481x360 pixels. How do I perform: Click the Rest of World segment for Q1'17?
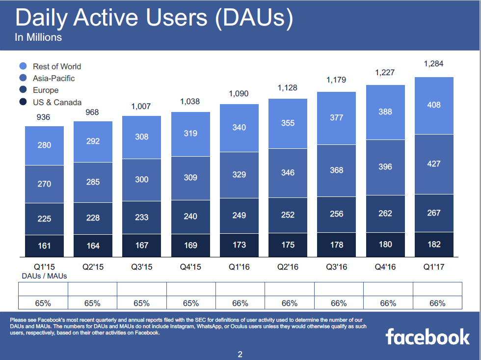[x=434, y=105]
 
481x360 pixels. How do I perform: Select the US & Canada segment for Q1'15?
[x=44, y=246]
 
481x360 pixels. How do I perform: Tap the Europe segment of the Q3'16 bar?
[x=337, y=214]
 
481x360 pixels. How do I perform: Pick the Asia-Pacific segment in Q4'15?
[x=190, y=177]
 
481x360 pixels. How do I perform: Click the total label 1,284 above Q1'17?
[x=434, y=63]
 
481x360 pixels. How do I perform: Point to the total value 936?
[x=44, y=118]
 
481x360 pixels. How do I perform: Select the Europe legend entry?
[x=46, y=90]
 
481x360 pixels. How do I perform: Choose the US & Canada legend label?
[x=57, y=102]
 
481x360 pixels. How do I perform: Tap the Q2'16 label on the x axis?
[x=288, y=267]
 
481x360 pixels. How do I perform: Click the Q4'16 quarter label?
[x=385, y=267]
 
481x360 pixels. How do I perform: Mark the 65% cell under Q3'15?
[x=142, y=303]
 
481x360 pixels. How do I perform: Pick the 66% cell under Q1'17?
[x=437, y=303]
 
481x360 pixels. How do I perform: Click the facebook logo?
[x=428, y=337]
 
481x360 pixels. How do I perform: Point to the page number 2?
[x=240, y=354]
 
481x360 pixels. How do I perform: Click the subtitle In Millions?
[x=38, y=37]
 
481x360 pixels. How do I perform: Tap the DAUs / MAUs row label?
[x=44, y=276]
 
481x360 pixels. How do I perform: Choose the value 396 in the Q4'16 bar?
[x=385, y=167]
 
